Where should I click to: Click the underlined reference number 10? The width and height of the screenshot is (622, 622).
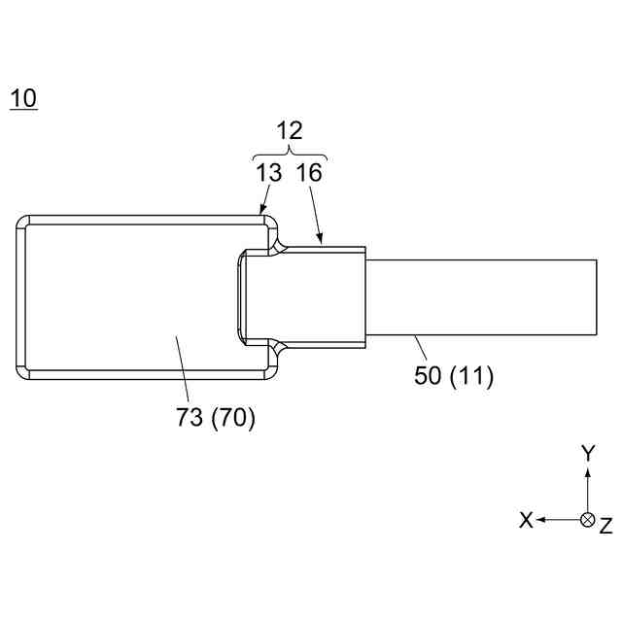[x=23, y=98]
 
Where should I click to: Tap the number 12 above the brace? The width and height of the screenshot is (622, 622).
[x=289, y=131]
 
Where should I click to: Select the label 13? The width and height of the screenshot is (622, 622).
[x=270, y=174]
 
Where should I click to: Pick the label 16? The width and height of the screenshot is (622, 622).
[x=309, y=174]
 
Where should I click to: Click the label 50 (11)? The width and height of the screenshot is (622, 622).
[x=454, y=376]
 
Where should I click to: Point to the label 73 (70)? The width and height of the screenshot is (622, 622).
[x=216, y=420]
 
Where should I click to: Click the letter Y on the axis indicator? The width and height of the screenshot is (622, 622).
[x=587, y=452]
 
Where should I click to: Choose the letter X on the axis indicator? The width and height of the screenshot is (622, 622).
[x=526, y=520]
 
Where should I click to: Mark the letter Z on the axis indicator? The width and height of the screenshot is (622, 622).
[x=605, y=526]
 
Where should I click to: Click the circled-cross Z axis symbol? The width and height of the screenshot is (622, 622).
[x=587, y=520]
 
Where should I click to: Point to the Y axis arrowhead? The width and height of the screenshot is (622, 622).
[x=587, y=469]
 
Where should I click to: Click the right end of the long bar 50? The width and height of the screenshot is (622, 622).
[x=594, y=297]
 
